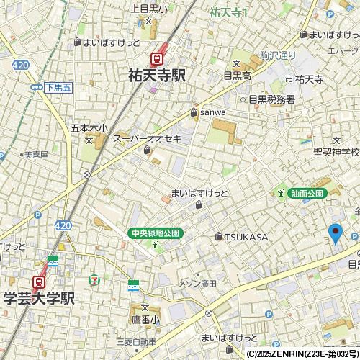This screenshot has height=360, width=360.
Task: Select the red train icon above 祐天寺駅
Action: tap(156, 58)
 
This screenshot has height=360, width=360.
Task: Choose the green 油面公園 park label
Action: tap(307, 193)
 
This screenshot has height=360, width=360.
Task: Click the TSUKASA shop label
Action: tap(246, 237)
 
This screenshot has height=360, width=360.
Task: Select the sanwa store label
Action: tap(213, 112)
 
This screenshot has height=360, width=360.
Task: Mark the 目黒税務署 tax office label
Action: tap(271, 99)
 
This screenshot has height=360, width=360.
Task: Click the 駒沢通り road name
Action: tap(278, 55)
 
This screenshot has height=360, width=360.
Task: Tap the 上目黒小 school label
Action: tap(149, 9)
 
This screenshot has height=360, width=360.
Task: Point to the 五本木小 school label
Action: tap(89, 127)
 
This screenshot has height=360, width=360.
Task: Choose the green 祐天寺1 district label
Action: tap(229, 12)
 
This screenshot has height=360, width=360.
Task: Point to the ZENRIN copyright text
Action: tap(302, 354)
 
